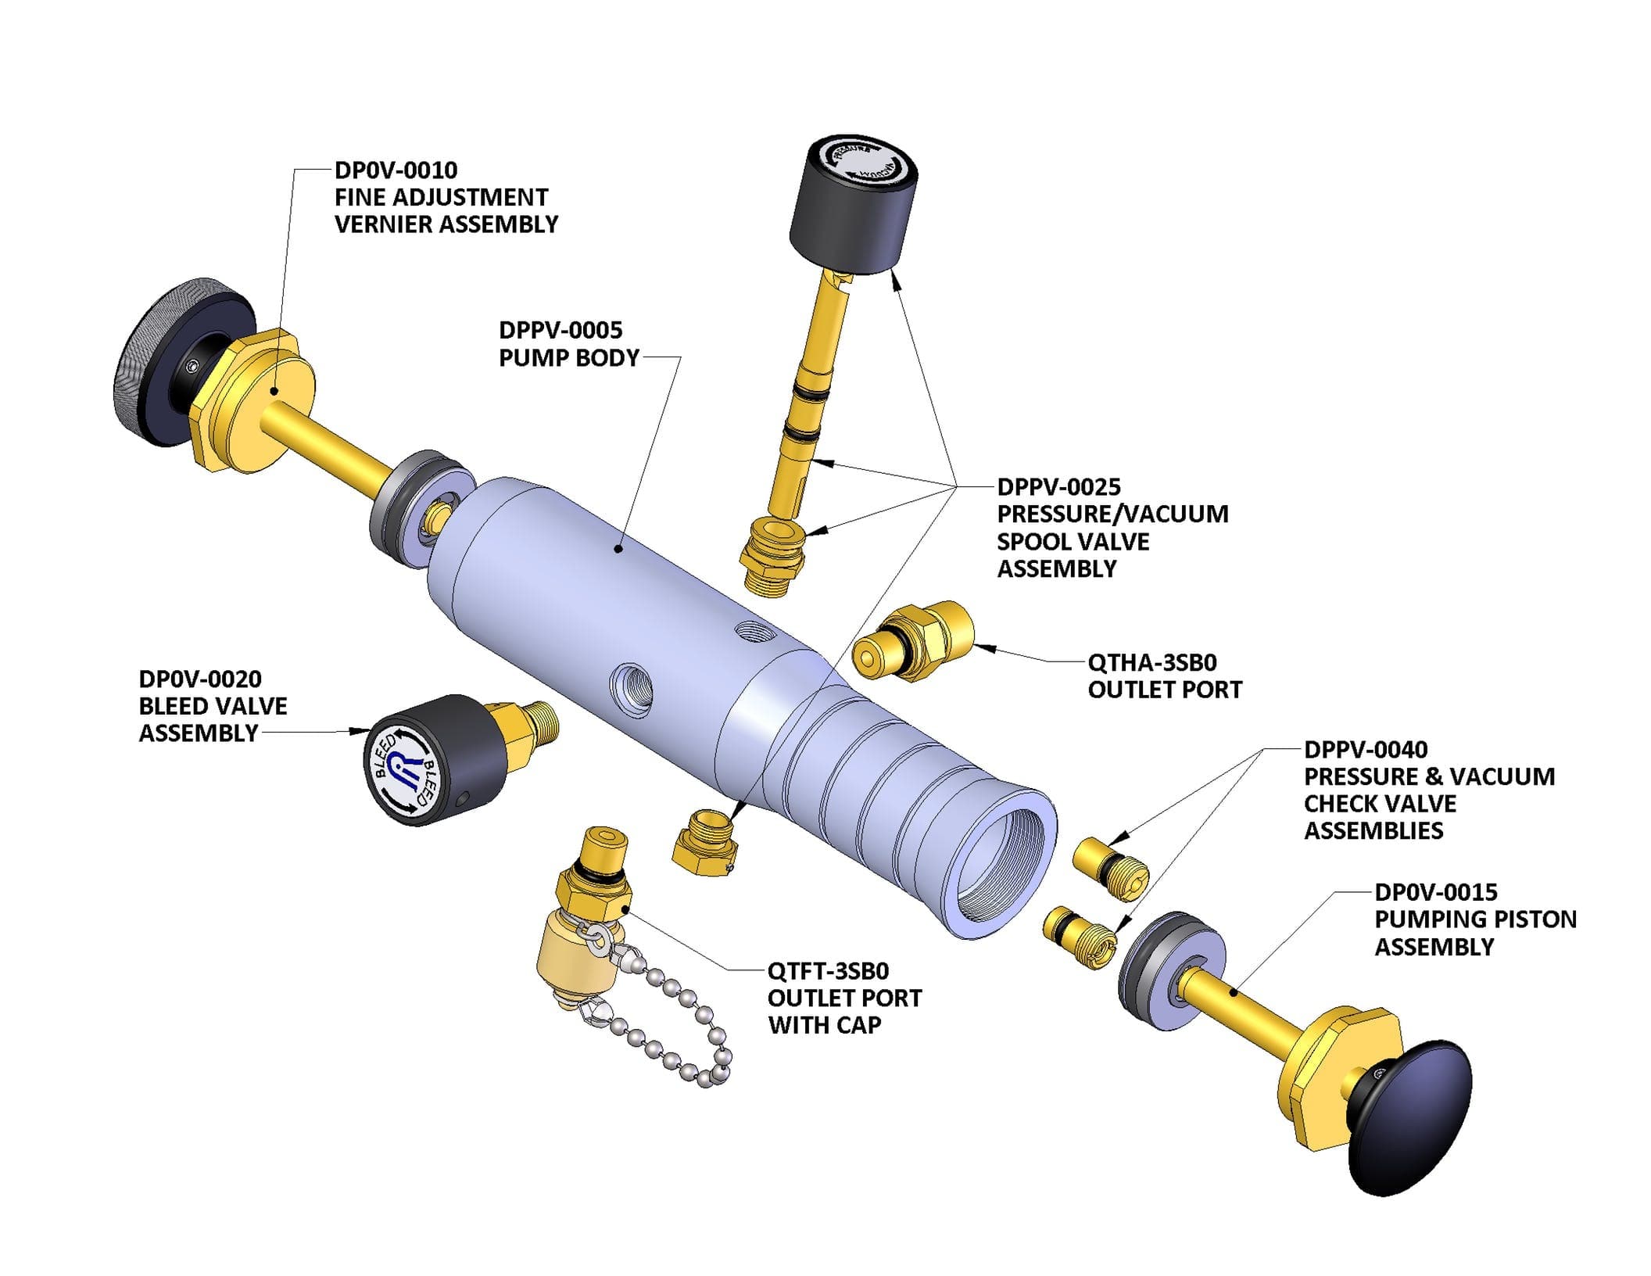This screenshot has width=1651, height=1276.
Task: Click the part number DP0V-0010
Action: tap(396, 170)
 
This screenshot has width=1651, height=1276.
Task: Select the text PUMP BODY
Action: tap(568, 357)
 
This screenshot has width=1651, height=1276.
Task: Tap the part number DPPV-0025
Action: tap(1058, 486)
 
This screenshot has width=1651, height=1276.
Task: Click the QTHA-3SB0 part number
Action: tap(1151, 662)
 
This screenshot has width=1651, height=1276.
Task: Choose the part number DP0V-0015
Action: tap(1435, 891)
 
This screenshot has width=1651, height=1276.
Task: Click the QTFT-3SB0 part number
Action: tap(828, 970)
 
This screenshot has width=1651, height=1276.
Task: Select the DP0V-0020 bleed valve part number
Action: tap(200, 679)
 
